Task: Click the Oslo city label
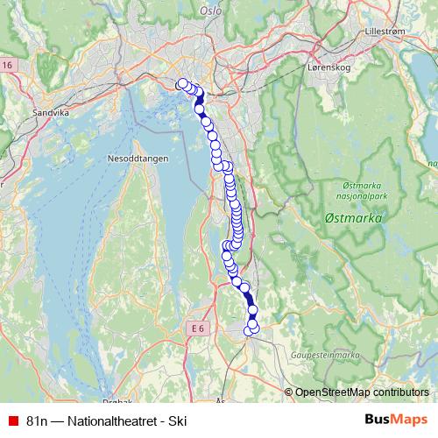(x=211, y=11)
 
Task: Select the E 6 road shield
(x=198, y=328)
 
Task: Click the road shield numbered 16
(x=7, y=66)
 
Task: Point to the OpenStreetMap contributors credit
(x=362, y=392)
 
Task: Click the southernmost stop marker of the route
(x=253, y=328)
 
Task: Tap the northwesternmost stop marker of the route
(x=182, y=84)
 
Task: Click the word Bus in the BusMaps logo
(x=378, y=420)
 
